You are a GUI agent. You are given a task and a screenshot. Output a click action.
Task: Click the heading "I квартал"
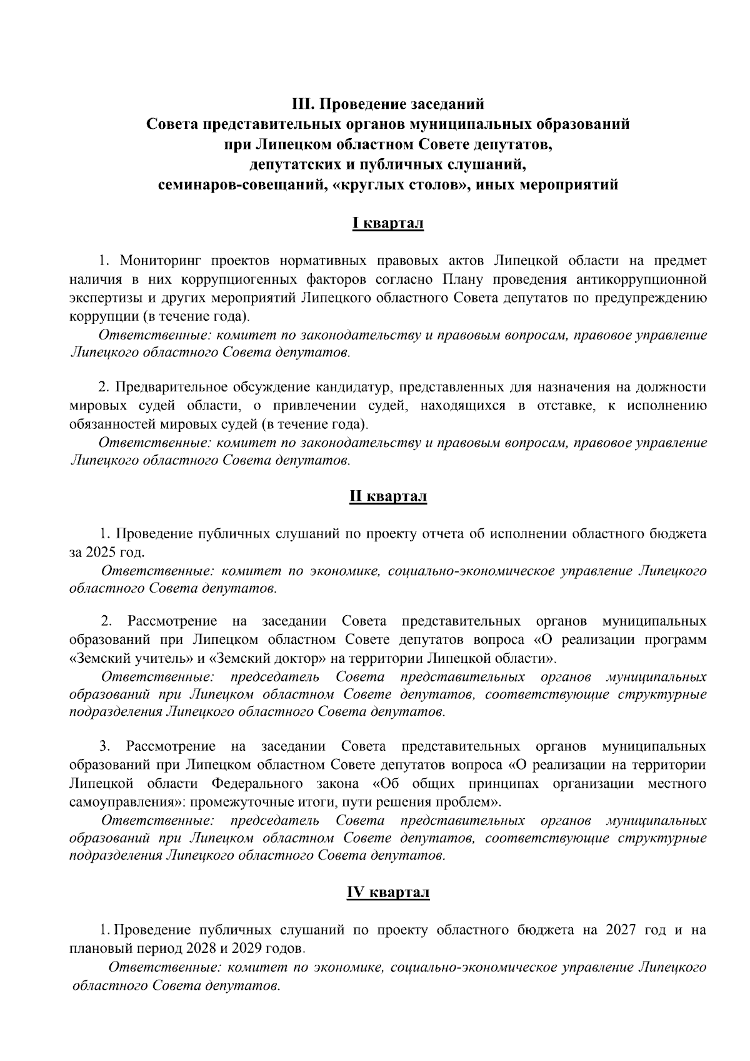387,223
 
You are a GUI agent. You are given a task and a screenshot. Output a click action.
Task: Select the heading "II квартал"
387,496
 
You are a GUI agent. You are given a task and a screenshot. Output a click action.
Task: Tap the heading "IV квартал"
387,893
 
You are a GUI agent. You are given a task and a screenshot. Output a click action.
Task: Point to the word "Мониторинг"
159,260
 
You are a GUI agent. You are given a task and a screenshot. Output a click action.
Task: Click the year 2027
621,930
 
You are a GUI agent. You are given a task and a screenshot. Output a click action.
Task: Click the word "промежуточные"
246,802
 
